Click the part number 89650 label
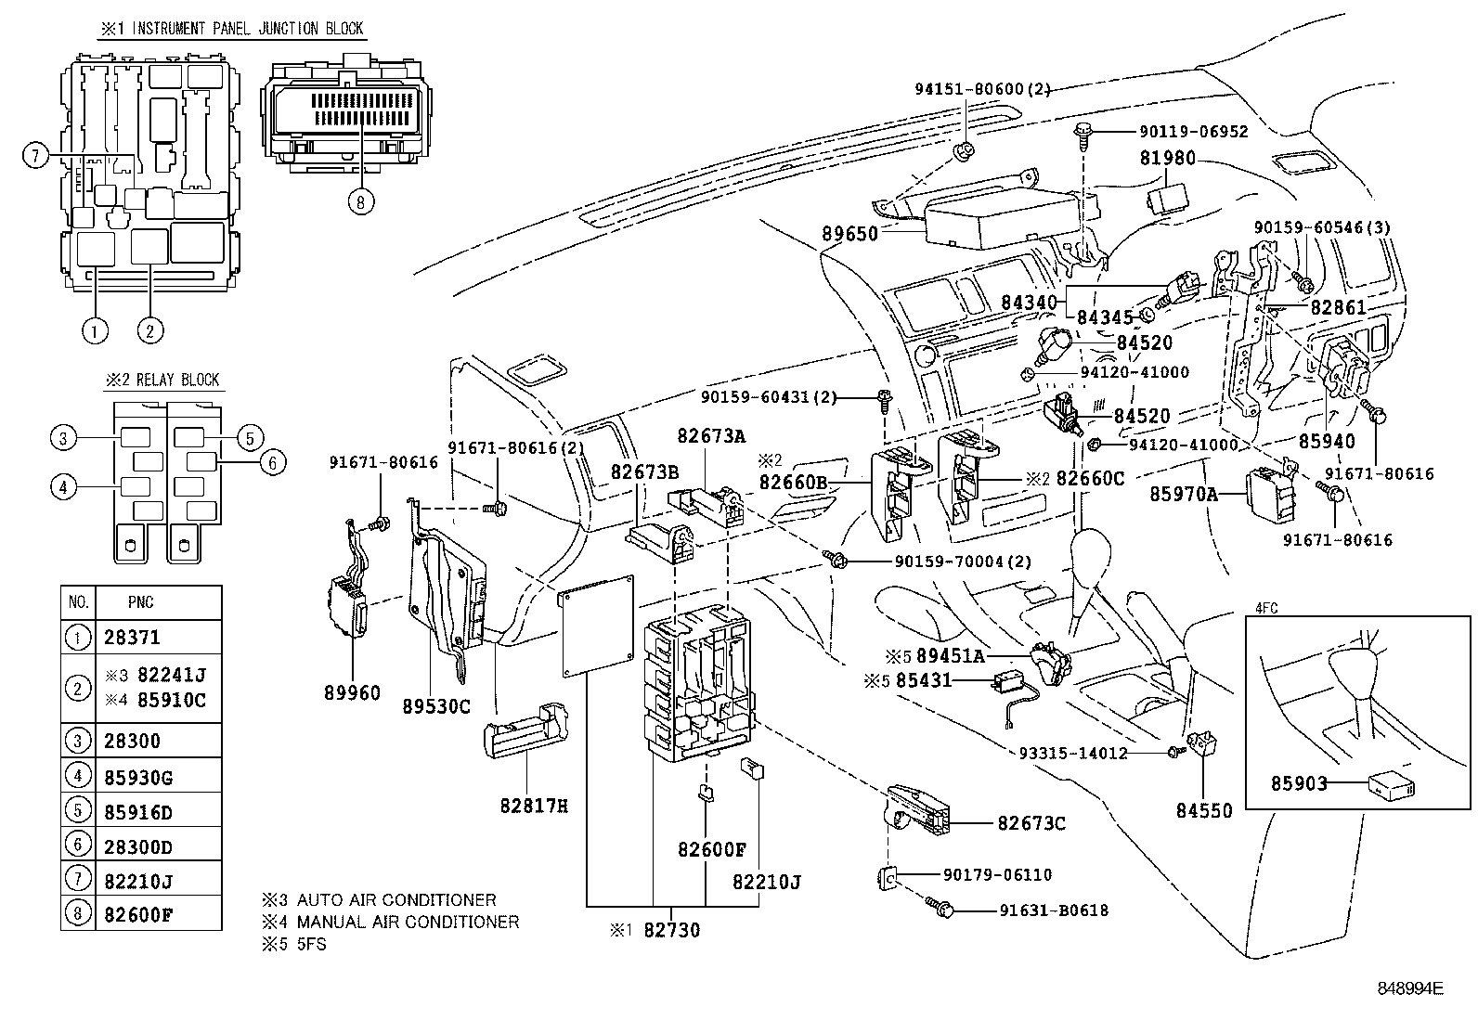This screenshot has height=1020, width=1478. point(849,234)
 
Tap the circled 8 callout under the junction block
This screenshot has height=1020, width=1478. point(362,201)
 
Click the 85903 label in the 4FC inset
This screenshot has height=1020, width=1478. point(1299,783)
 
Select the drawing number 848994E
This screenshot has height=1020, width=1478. point(1409,989)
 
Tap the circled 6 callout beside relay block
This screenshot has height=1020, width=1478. point(273,461)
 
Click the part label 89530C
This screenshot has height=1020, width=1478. point(436,706)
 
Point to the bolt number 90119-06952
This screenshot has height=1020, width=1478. point(1193,133)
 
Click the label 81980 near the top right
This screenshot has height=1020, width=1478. point(1167,159)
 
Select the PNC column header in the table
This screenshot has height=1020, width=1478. point(141,602)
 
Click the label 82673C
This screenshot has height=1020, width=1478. point(1031,823)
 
